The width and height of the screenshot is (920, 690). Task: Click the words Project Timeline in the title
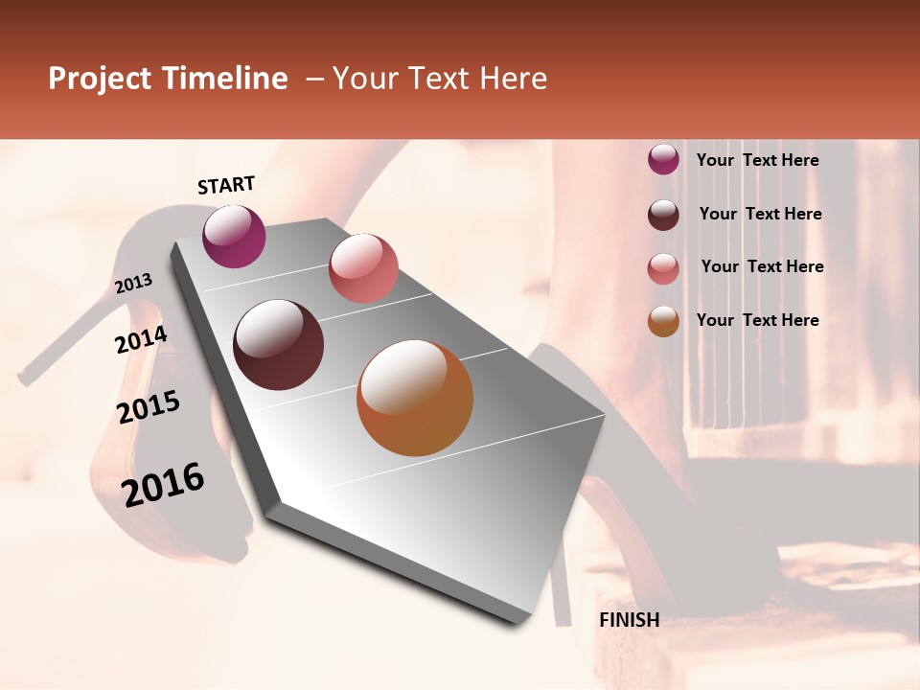click(x=168, y=79)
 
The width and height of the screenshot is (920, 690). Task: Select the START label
click(x=226, y=185)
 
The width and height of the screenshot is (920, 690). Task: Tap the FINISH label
click(x=629, y=620)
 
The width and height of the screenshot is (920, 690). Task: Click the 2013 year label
click(x=134, y=284)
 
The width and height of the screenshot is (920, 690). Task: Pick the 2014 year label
click(x=142, y=340)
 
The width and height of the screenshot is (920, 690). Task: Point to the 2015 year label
click(x=149, y=407)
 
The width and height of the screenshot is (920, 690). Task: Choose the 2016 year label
click(x=163, y=484)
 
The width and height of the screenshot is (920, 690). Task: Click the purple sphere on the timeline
click(x=234, y=236)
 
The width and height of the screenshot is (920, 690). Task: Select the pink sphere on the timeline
click(x=363, y=268)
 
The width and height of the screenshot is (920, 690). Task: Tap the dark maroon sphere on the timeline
click(x=279, y=345)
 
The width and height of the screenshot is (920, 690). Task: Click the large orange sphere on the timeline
click(x=415, y=398)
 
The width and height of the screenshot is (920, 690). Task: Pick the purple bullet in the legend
click(x=663, y=160)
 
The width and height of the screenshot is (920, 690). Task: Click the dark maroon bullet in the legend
click(x=663, y=215)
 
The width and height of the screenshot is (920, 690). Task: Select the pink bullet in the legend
click(x=663, y=268)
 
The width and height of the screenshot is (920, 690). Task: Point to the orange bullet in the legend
click(x=663, y=322)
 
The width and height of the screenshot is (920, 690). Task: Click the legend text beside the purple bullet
click(x=757, y=161)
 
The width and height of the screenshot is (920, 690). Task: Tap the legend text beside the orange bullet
click(x=757, y=320)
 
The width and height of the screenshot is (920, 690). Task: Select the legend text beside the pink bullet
click(x=762, y=266)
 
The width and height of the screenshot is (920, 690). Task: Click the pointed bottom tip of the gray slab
click(x=517, y=624)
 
